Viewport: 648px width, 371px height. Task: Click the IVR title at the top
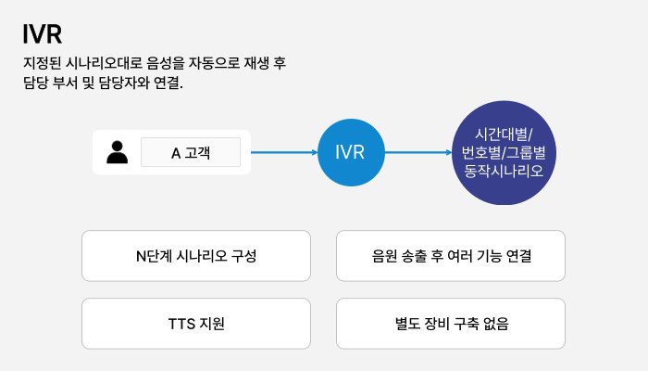(43, 34)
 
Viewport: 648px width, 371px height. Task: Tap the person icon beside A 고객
(118, 152)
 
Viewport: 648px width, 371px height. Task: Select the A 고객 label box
(190, 152)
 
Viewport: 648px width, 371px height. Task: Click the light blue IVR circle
(350, 152)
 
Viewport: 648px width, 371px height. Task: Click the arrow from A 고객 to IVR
(283, 152)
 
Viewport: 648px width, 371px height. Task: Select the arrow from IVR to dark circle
(417, 152)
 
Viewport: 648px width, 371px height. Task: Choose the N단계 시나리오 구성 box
(195, 256)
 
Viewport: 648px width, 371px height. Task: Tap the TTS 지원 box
(195, 324)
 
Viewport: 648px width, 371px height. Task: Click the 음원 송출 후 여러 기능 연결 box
(450, 256)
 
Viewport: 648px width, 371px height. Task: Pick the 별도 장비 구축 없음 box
(450, 324)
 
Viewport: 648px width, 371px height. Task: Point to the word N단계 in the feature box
(153, 256)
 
